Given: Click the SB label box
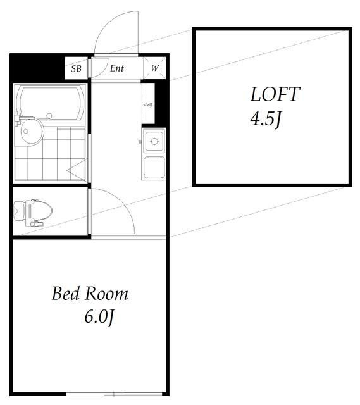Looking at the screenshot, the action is click(77, 68).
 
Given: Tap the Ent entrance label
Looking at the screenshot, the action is click(116, 68).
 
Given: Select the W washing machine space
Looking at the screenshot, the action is click(154, 68).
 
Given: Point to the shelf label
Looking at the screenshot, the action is click(147, 104).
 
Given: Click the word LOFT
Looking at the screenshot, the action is click(275, 94).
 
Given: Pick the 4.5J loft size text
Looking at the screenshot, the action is click(265, 120).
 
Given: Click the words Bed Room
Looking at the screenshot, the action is click(90, 294).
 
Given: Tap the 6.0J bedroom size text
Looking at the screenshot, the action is click(99, 317).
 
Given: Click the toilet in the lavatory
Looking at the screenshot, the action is click(33, 213).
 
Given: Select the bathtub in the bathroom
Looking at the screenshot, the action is click(51, 104).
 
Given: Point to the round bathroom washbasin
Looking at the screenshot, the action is click(32, 131).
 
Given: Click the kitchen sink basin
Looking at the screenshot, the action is click(154, 167).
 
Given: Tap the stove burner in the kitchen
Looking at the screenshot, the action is click(154, 141).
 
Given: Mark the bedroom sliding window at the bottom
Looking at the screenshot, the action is click(114, 394).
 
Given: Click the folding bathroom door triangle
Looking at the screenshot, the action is click(77, 170).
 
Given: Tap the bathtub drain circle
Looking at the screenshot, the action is click(49, 116).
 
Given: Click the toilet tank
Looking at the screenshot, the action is click(20, 211).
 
